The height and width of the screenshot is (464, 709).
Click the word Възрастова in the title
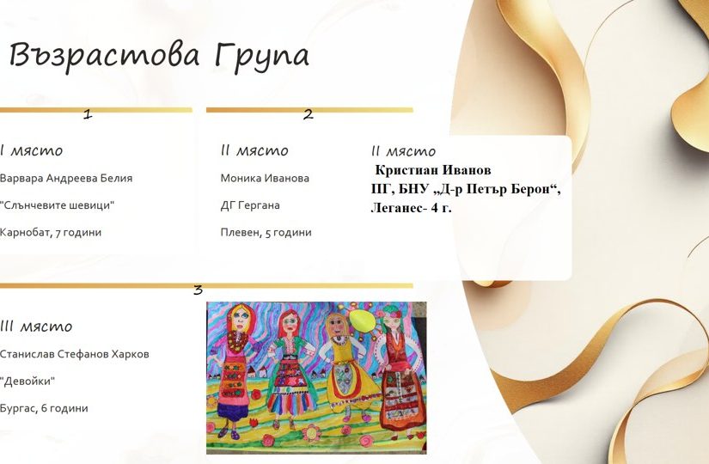click(105, 56)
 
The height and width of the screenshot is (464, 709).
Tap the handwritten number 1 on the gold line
click(88, 113)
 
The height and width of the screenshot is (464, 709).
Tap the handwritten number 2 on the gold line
click(308, 114)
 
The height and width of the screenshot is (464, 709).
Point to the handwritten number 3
click(198, 290)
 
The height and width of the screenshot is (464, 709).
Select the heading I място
click(31, 150)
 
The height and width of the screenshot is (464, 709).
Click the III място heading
click(36, 326)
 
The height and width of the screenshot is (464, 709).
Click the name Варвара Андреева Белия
click(66, 178)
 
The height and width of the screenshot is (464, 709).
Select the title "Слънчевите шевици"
click(57, 205)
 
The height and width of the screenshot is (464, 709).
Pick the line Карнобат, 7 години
click(51, 233)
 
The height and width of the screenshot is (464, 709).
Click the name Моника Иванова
click(265, 178)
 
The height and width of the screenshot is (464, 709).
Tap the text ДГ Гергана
click(250, 205)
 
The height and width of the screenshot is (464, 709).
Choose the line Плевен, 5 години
click(266, 233)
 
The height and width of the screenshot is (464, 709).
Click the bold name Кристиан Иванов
click(433, 170)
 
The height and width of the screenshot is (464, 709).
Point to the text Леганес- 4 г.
click(411, 208)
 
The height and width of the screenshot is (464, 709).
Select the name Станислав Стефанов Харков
click(75, 354)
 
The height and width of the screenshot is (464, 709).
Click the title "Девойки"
click(28, 382)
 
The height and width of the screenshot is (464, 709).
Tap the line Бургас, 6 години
click(44, 408)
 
